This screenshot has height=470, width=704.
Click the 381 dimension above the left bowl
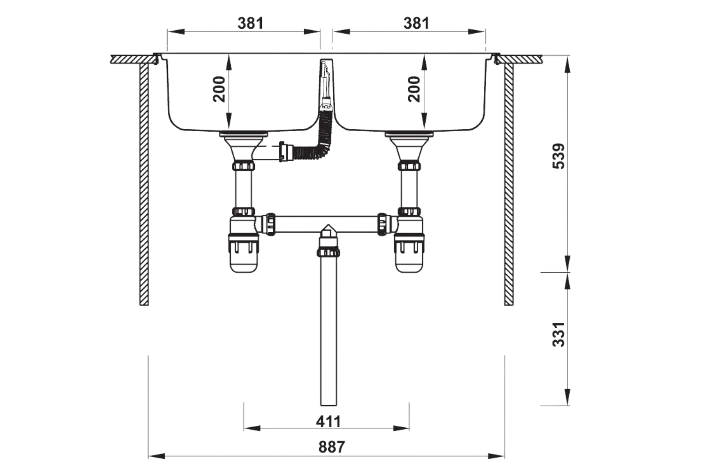point(250,23)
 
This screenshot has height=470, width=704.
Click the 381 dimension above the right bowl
point(416,23)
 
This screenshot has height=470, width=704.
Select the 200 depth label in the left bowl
point(219,89)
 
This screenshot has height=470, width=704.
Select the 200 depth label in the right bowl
point(414,89)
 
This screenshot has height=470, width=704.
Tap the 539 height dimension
point(559,156)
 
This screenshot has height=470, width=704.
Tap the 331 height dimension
point(559,334)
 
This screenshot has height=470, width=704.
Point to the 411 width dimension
point(328,422)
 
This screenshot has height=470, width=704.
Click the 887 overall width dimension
point(331,446)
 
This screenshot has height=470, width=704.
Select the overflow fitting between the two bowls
point(326,85)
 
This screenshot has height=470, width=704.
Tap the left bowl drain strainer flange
point(244,134)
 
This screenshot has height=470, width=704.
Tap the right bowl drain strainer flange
point(409,134)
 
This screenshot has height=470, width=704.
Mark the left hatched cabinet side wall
point(144,183)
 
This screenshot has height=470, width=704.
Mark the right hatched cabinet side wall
point(509,183)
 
